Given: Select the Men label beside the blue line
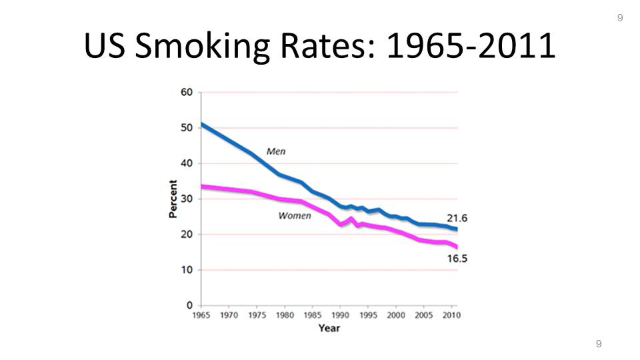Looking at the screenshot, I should [276, 151].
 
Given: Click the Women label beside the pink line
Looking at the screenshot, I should [294, 215].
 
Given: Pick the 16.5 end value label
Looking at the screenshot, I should [457, 258].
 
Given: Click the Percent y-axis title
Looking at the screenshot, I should [173, 199].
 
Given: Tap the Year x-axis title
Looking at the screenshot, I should [329, 328].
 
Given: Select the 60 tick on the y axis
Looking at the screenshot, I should [187, 93].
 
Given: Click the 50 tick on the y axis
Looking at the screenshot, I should [187, 128].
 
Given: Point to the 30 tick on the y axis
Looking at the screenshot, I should [187, 199].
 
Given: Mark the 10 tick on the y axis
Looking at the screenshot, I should [187, 270].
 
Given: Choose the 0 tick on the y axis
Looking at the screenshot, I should [189, 305].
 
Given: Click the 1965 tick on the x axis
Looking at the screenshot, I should [201, 315].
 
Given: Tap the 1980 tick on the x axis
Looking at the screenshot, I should [285, 315].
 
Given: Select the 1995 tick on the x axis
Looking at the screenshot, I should [368, 315].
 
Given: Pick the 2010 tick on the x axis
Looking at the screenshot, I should [451, 315].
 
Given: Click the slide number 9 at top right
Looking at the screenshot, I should [620, 18].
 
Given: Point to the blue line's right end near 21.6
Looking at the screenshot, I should [456, 229].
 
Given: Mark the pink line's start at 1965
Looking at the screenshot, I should [202, 187].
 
